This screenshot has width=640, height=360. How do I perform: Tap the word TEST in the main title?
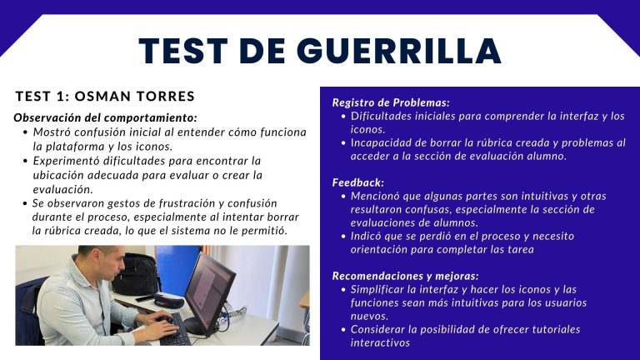(x=183, y=51)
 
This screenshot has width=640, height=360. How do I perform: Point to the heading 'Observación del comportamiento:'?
(x=105, y=118)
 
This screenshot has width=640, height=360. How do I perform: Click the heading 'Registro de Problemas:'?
(x=391, y=102)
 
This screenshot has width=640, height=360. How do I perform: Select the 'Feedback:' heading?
(x=358, y=182)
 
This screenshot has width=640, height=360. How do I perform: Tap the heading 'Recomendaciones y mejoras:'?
(x=405, y=276)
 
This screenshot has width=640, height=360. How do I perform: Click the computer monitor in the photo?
(x=209, y=289)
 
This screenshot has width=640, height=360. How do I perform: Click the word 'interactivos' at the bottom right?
(x=380, y=342)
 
